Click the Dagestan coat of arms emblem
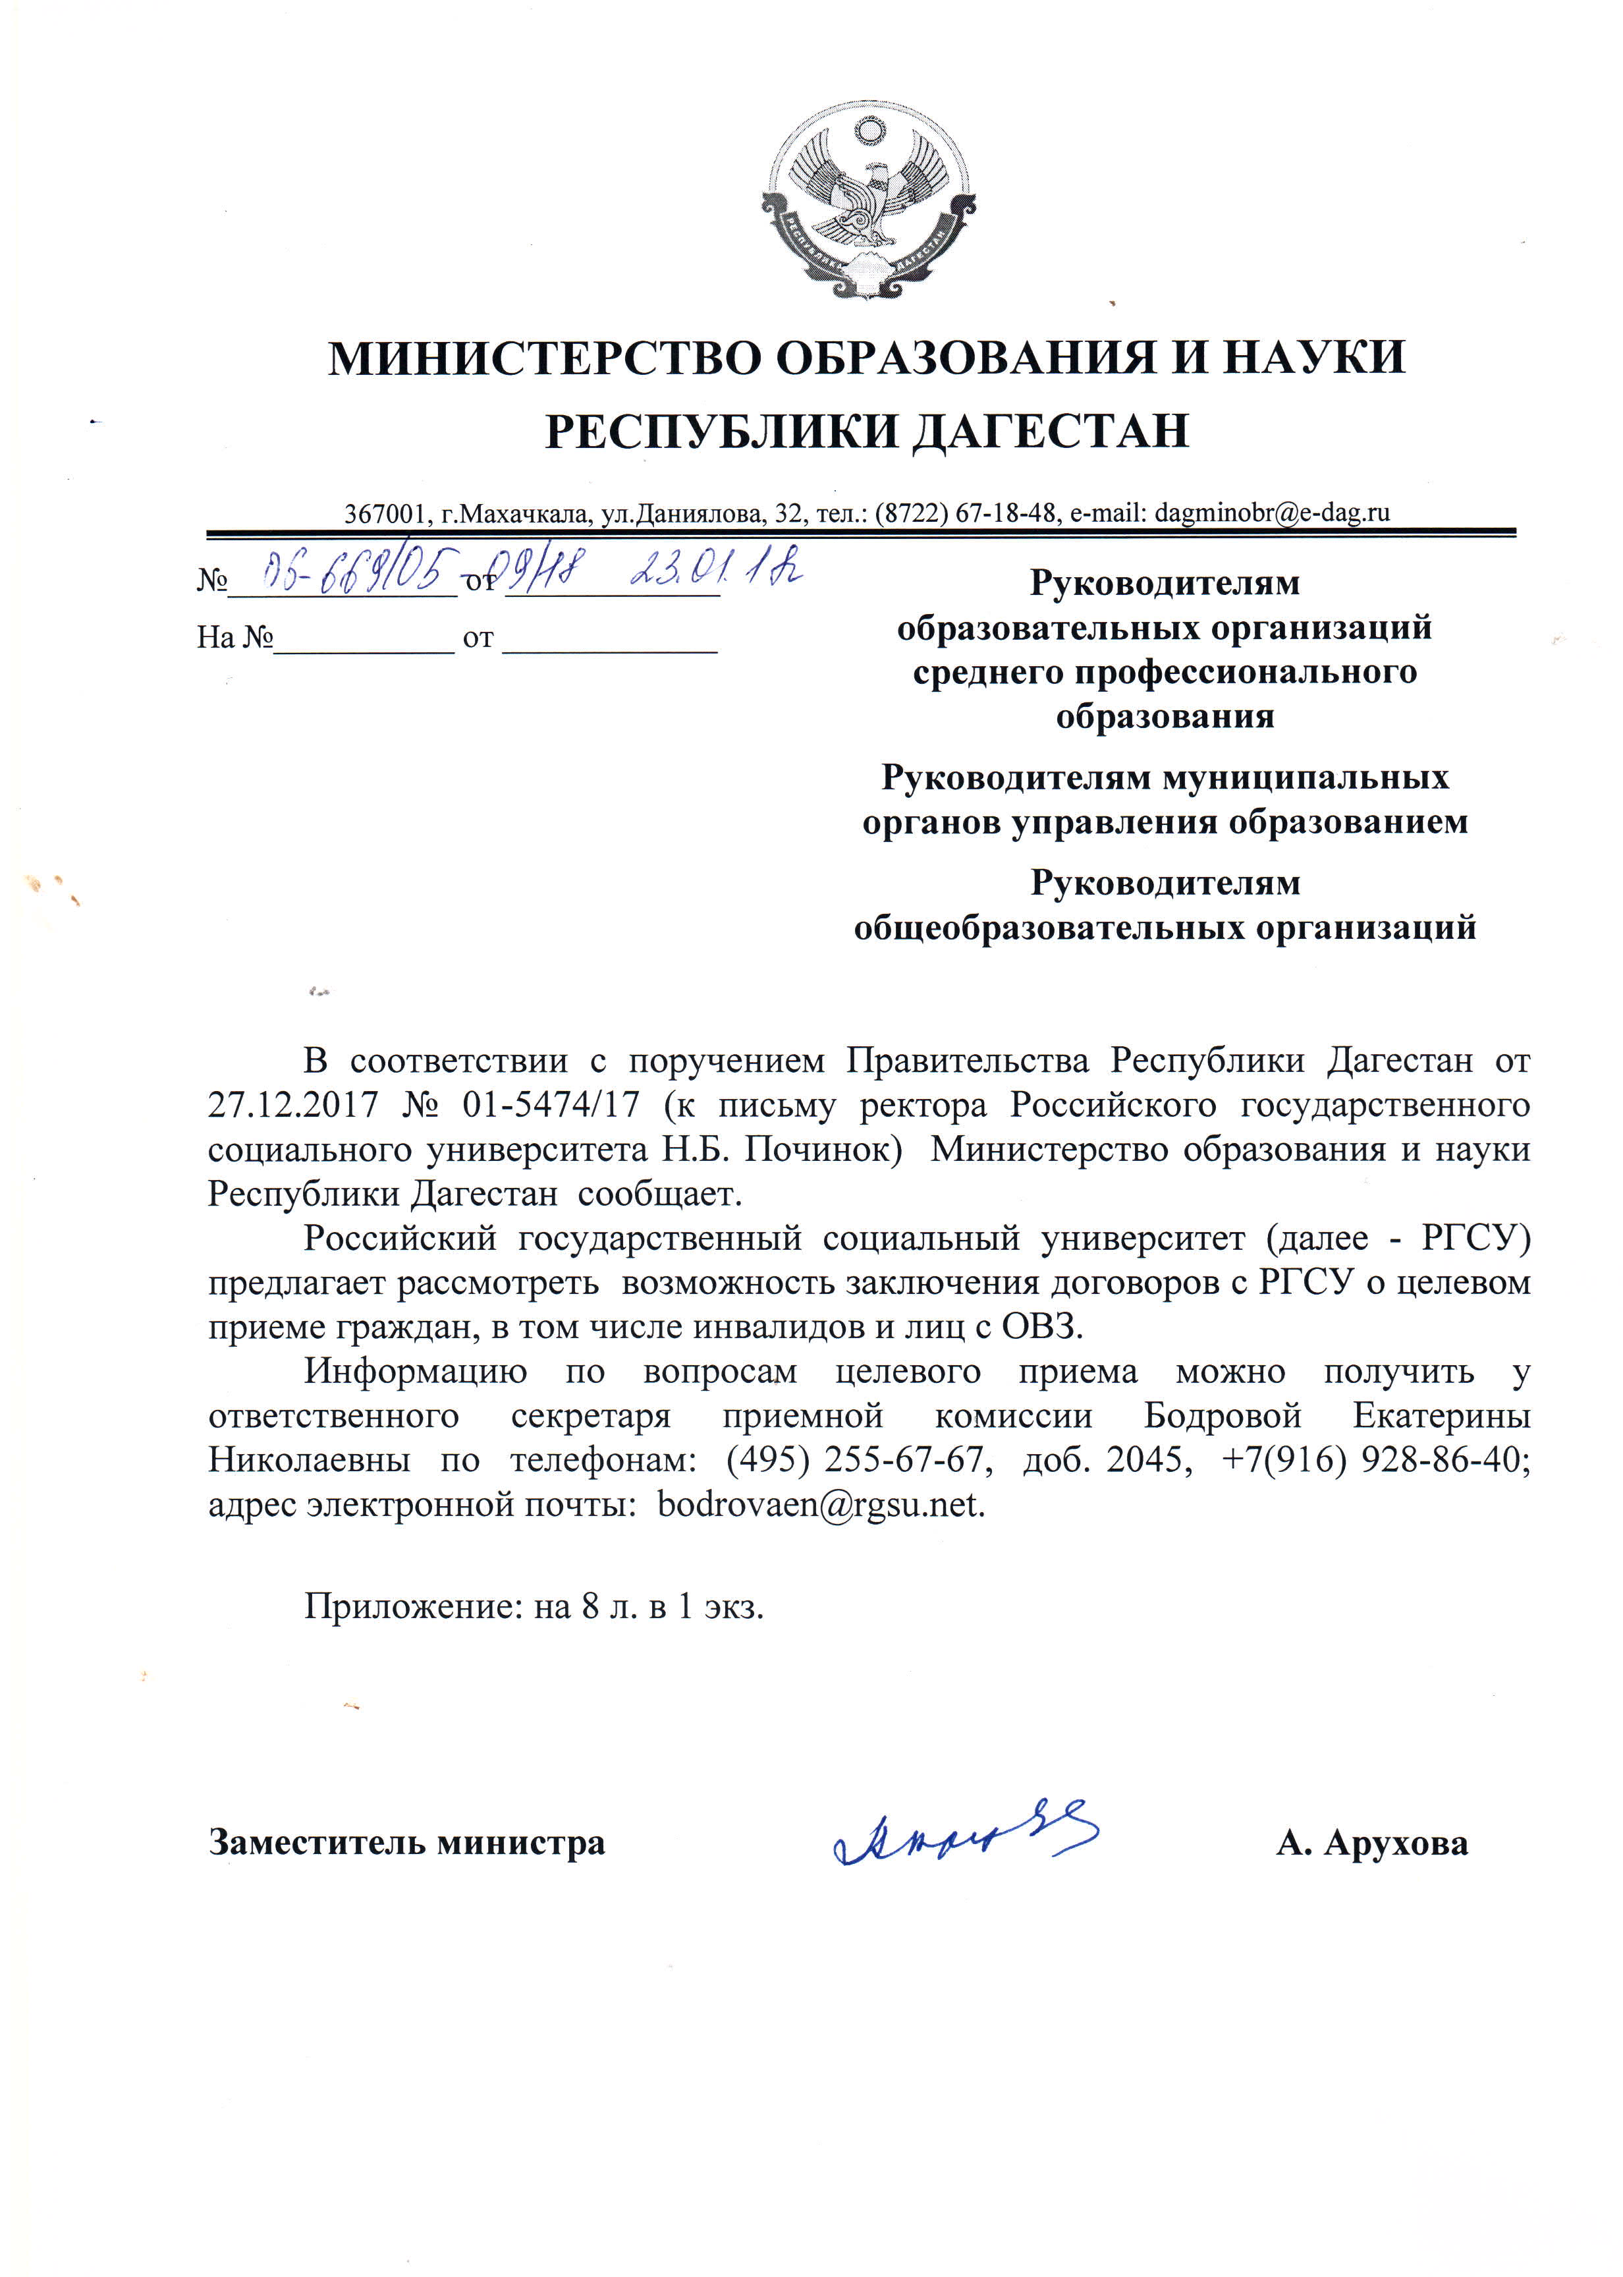point(867,200)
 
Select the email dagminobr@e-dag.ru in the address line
point(1271,513)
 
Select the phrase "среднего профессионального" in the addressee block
point(1165,672)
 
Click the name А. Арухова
point(1371,1842)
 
